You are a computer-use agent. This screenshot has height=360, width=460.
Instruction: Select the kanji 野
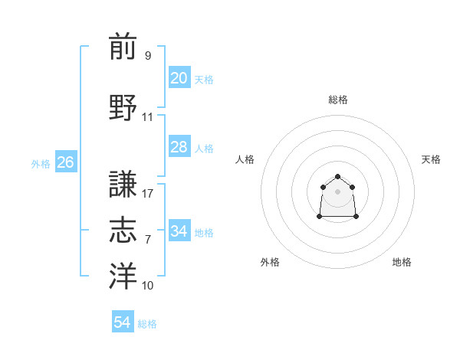[123, 107]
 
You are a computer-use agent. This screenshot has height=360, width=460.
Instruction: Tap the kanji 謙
[123, 184]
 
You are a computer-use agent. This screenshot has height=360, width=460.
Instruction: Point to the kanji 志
[123, 231]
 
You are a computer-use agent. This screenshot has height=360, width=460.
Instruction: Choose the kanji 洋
[123, 277]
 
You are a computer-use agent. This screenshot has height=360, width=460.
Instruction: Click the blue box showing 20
[179, 78]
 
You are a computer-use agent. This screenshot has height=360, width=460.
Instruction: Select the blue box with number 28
[179, 147]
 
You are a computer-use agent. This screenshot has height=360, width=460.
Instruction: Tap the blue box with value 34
[179, 231]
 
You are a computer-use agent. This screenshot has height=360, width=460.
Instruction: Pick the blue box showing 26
[65, 162]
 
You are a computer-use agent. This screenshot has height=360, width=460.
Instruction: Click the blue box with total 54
[122, 322]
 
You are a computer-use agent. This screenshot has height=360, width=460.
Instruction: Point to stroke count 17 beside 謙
[148, 194]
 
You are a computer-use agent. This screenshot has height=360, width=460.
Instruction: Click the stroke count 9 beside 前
[148, 55]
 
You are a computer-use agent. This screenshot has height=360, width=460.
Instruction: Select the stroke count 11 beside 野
[148, 117]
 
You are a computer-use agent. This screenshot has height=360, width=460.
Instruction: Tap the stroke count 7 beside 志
[148, 240]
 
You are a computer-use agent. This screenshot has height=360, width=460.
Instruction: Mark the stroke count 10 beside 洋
[148, 286]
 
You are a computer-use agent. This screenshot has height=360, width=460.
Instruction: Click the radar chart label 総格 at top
[338, 100]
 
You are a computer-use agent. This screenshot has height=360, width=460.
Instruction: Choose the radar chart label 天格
[432, 159]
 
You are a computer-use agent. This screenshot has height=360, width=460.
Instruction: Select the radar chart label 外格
[270, 262]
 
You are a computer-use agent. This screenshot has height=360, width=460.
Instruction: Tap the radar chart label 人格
[245, 159]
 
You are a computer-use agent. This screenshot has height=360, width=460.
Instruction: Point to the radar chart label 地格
[402, 262]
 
